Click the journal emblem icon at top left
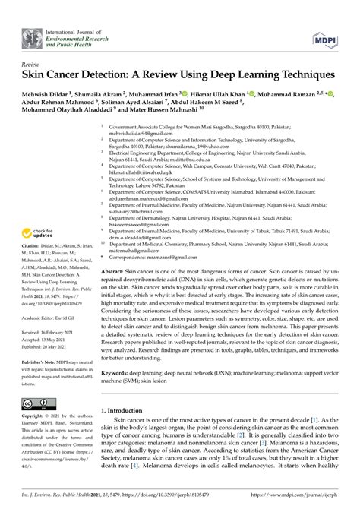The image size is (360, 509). (x=30, y=33)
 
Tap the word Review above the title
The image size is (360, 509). (x=31, y=65)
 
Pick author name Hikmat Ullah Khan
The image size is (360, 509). (x=223, y=95)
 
